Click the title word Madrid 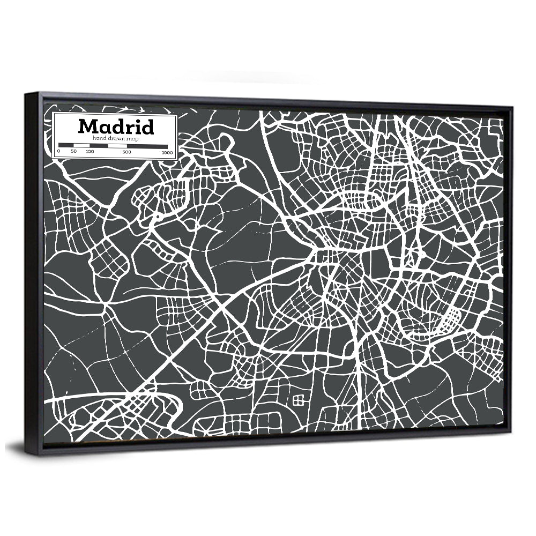point(116,126)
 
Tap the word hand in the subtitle point(99,138)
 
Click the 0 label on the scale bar point(58,152)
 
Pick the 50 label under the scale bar point(74,152)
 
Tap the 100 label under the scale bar point(90,152)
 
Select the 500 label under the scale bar point(126,152)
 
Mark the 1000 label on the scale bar point(167,152)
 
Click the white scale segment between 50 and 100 point(81,145)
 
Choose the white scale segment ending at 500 point(117,145)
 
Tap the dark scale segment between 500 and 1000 point(147,145)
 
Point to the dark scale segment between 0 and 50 point(66,145)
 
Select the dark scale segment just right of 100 point(99,145)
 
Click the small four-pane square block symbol point(299,399)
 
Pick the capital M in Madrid point(88,127)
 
